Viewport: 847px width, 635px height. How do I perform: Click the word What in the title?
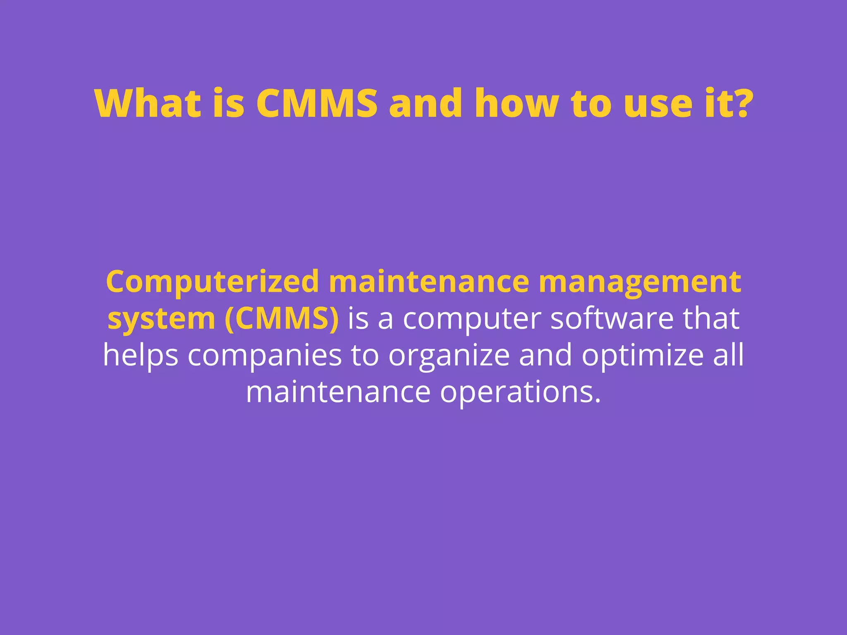point(148,103)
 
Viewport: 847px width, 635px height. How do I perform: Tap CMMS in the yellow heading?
point(317,103)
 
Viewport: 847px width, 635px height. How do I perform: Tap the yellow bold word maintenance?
point(429,282)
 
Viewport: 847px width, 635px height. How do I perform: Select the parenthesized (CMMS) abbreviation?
point(282,319)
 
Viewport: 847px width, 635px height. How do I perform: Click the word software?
point(612,318)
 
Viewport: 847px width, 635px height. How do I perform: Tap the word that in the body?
point(711,318)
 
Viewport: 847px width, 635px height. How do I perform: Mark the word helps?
point(141,356)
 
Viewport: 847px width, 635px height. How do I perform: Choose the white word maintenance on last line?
point(338,392)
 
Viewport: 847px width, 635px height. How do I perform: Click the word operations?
point(520,393)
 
